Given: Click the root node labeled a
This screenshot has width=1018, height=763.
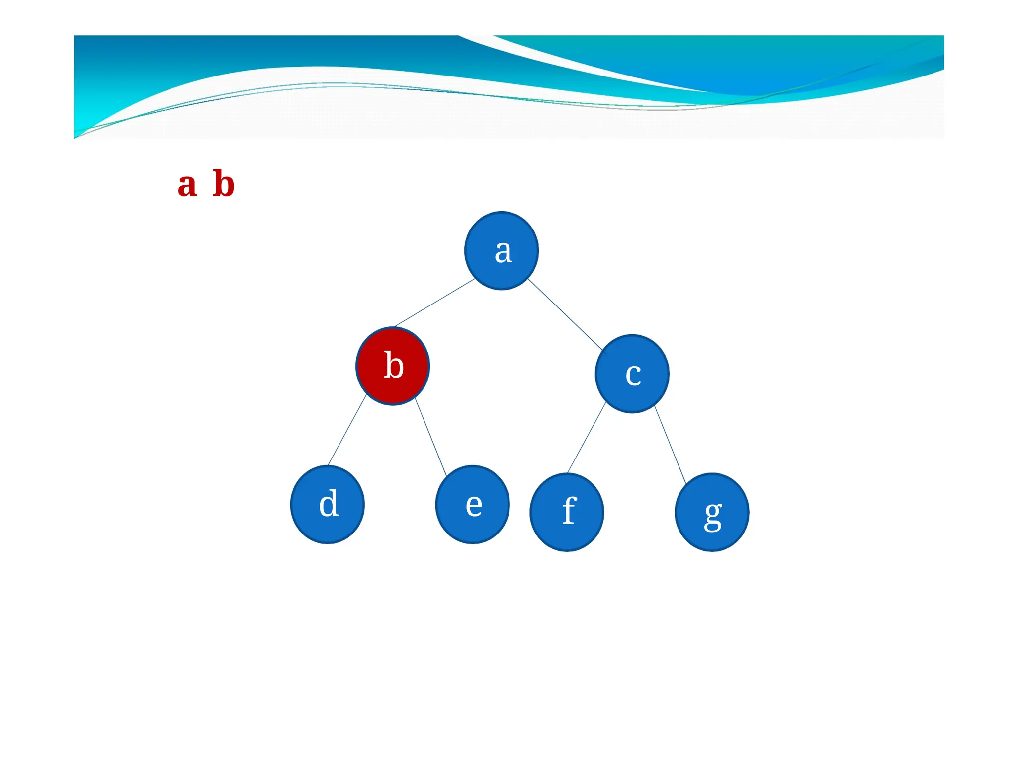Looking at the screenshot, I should (501, 250).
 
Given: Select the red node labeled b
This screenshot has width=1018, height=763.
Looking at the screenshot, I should (393, 366).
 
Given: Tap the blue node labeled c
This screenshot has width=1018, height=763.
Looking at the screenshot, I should (632, 374).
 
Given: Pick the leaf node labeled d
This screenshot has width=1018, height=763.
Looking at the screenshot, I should (328, 504).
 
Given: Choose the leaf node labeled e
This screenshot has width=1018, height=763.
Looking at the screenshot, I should (472, 504).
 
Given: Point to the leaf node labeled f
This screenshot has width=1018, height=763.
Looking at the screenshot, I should (567, 512).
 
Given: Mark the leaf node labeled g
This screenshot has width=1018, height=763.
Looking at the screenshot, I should (712, 512).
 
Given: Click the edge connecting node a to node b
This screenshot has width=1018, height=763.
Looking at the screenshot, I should (434, 303).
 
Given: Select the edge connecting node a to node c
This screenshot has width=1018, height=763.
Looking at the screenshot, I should (565, 314).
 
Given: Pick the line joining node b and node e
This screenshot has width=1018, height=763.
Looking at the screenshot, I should (430, 437).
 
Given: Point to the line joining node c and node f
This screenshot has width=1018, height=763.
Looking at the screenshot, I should (587, 437).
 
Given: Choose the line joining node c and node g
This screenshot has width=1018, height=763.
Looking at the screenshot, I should (670, 445).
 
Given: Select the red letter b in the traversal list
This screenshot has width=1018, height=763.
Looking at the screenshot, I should (223, 184).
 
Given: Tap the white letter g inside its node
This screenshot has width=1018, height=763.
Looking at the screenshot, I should (713, 515).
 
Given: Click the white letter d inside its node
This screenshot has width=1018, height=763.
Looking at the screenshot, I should (329, 504).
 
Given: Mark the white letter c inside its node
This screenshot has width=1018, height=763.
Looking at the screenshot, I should (633, 375).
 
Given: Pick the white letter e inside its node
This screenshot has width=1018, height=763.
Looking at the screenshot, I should (474, 505).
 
